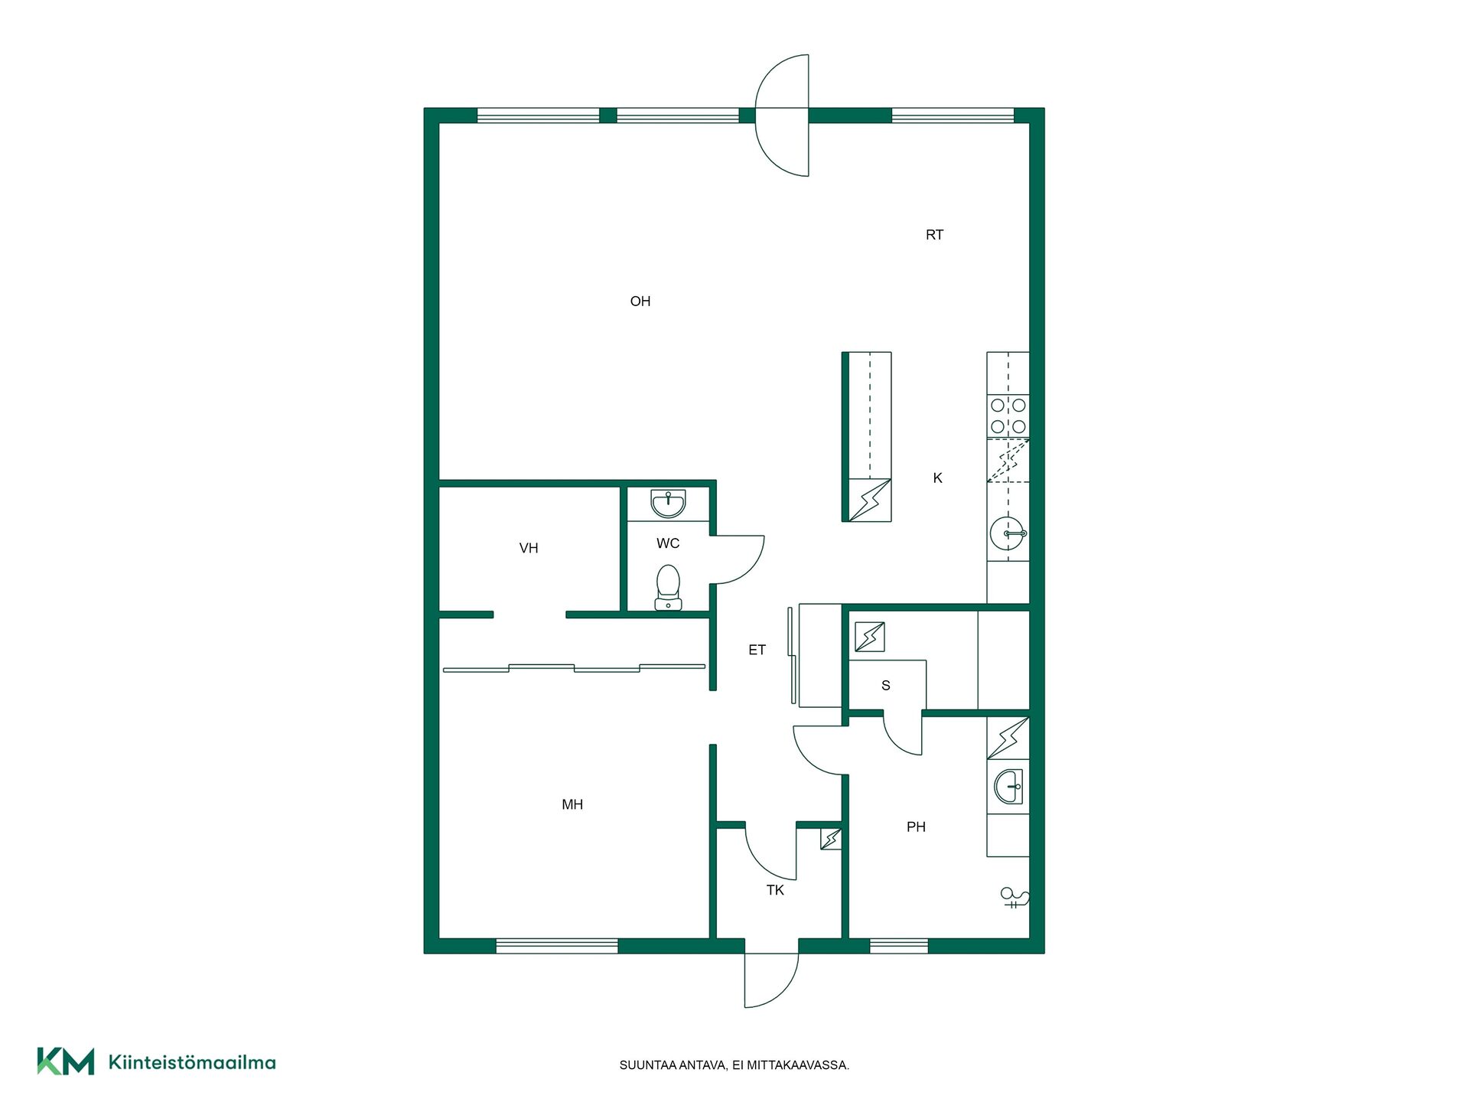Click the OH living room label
(x=640, y=302)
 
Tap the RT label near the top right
(x=934, y=235)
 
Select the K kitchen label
(x=937, y=478)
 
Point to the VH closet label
(x=529, y=548)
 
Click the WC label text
(x=668, y=543)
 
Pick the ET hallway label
(x=757, y=650)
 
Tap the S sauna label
(x=886, y=686)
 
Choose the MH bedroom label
(x=572, y=804)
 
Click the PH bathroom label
(x=916, y=826)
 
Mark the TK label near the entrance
(x=775, y=890)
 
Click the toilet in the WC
(x=668, y=588)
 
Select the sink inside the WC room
(x=668, y=504)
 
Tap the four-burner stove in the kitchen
(x=1008, y=416)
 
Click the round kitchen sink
(x=1008, y=533)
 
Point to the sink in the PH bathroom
(x=1008, y=786)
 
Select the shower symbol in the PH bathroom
(x=1015, y=898)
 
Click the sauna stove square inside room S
(x=870, y=637)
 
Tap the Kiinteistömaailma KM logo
(x=156, y=1061)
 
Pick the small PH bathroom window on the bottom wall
(x=899, y=947)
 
